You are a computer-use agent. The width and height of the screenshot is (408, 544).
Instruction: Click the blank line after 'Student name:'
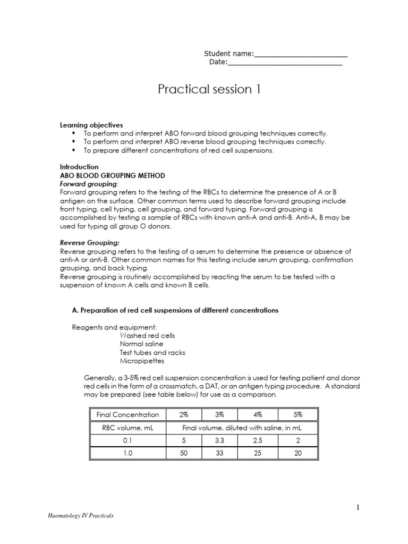(x=301, y=54)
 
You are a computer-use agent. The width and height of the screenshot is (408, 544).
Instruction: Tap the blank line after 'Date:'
(x=285, y=63)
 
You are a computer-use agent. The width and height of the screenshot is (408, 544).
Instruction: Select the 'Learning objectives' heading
(x=91, y=125)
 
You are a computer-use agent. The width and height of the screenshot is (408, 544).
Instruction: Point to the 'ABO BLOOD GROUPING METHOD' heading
(x=113, y=175)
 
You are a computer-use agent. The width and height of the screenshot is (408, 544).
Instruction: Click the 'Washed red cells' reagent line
(x=147, y=336)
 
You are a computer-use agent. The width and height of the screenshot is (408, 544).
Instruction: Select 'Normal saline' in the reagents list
(x=142, y=344)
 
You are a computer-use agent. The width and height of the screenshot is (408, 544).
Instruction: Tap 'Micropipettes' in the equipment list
(x=142, y=361)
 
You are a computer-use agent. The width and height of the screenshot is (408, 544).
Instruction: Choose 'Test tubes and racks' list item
(x=152, y=353)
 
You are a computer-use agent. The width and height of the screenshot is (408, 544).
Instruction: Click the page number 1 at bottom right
(x=359, y=508)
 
